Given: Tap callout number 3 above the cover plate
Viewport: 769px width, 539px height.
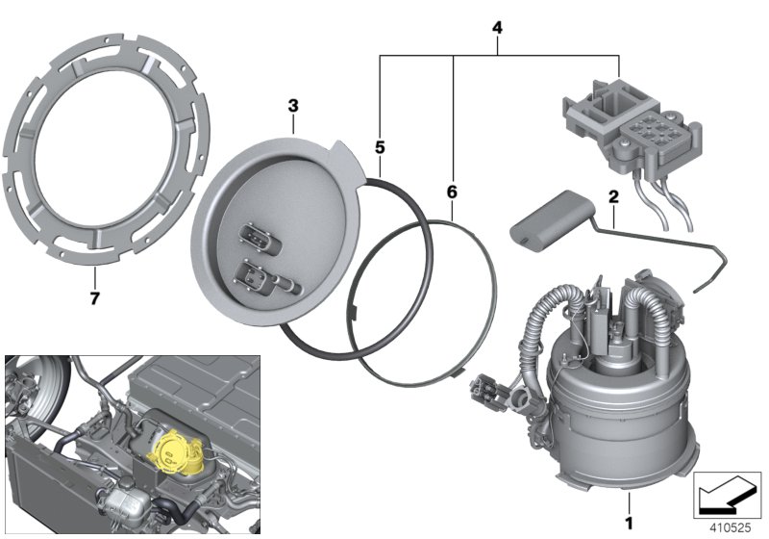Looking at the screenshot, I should click(294, 104).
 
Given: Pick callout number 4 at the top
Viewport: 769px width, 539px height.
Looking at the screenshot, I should click(497, 27).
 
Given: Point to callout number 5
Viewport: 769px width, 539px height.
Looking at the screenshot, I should click(380, 148).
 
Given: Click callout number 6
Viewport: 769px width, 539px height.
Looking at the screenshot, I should click(452, 192).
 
